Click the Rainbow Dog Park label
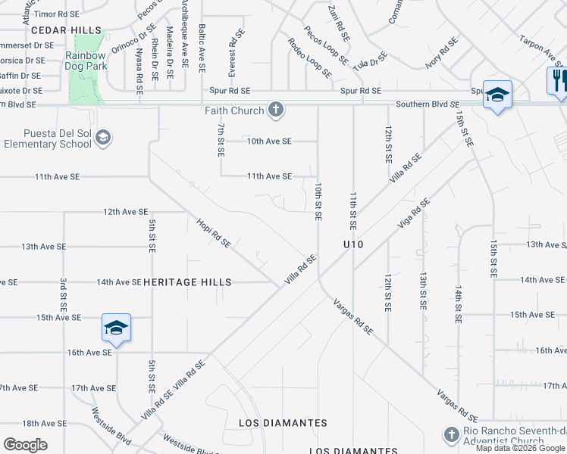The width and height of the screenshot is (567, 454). point(85,61)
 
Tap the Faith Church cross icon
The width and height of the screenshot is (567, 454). point(276,110)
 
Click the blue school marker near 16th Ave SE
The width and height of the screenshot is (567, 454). point(116,328)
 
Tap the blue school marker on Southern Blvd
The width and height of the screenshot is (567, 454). point(497,95)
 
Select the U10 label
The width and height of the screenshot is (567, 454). point(353,244)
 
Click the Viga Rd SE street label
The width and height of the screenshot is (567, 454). point(414,213)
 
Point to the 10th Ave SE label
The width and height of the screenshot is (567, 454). point(269,141)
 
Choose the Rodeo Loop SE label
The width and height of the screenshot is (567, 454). point(309,58)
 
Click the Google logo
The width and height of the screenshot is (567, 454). point(26,445)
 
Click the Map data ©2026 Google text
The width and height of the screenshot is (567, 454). point(520,448)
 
